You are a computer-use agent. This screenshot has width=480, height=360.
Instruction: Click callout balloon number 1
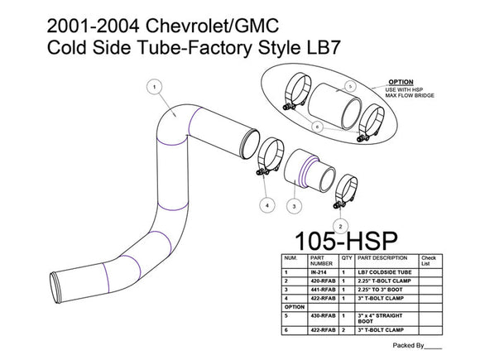click(x=153, y=85)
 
